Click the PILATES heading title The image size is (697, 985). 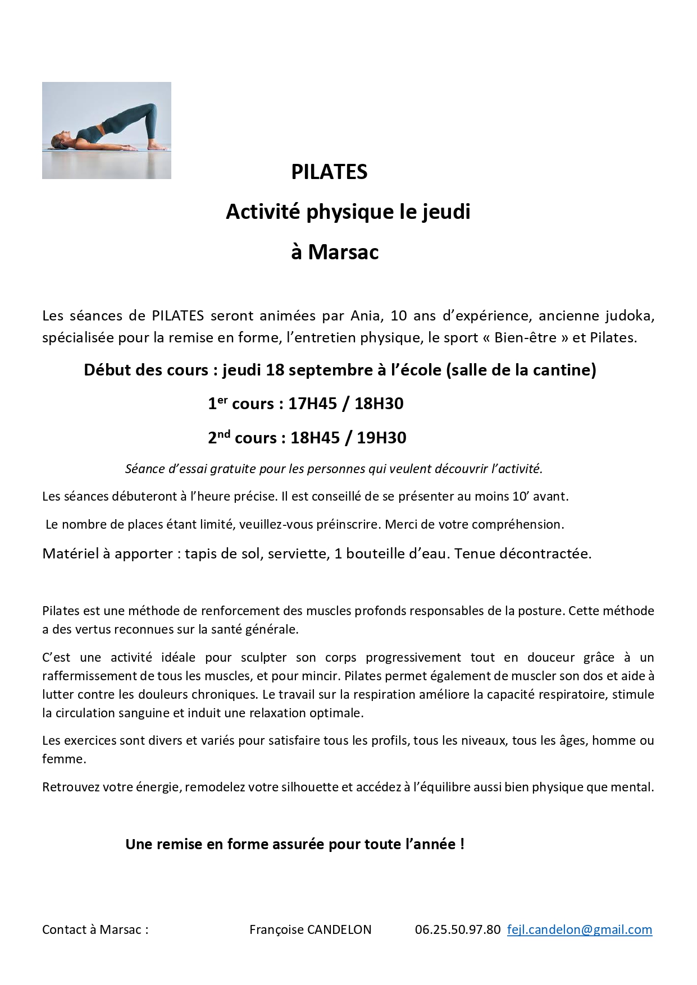point(329,172)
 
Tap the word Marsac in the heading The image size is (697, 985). point(343,252)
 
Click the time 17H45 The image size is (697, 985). point(313,404)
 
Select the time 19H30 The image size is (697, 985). point(381,438)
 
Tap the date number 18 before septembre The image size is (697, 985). point(275,370)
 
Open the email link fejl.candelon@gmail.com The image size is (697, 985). point(579,929)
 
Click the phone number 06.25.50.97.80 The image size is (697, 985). point(457,929)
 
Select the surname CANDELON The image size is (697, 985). point(339,929)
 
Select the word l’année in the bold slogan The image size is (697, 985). point(430,845)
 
